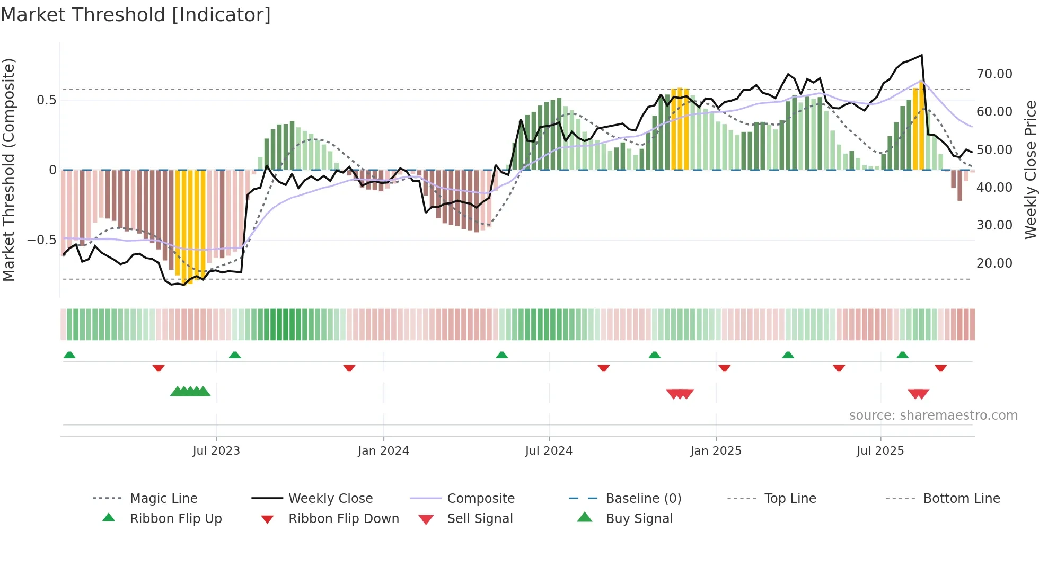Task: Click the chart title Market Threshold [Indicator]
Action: coord(136,15)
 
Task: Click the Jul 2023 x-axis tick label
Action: coord(216,451)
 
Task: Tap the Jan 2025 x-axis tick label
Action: coord(716,451)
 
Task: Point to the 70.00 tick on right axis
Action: coord(994,74)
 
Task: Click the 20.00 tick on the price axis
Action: coord(994,263)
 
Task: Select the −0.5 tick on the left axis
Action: coord(41,240)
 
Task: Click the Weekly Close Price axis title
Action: coord(1030,170)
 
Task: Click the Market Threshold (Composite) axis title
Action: coord(8,170)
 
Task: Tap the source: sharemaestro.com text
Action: coord(933,415)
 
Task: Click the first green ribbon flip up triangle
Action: coord(69,355)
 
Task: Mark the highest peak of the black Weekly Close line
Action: coord(921,55)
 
